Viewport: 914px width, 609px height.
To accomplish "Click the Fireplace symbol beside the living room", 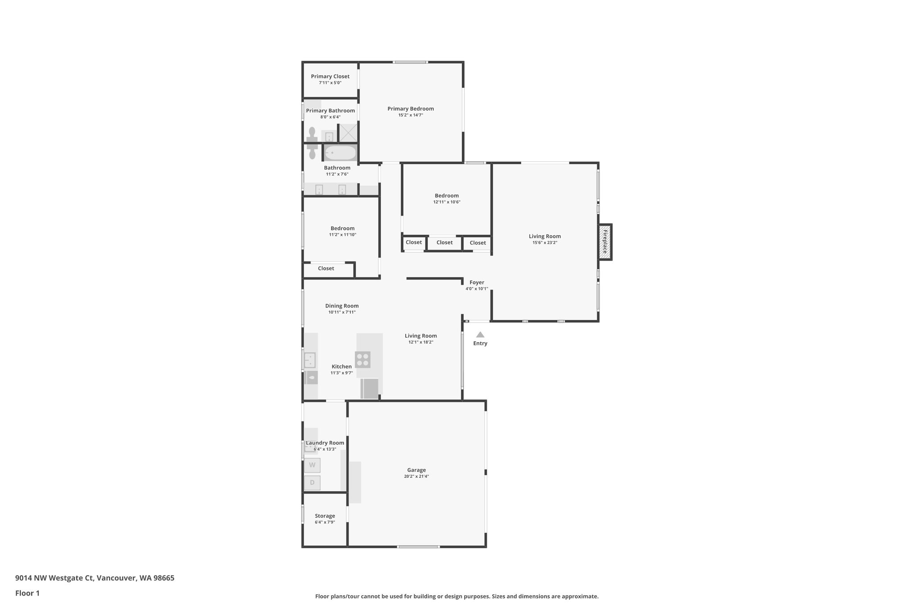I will click(605, 242).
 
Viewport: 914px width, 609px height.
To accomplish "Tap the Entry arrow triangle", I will click(480, 335).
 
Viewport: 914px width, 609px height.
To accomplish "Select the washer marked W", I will click(312, 465).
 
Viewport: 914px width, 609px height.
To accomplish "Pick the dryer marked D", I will click(312, 482).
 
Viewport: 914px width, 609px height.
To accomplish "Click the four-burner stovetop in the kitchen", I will click(362, 359).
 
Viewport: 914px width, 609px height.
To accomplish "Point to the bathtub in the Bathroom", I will click(340, 153).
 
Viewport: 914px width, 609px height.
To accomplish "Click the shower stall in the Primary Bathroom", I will click(348, 133).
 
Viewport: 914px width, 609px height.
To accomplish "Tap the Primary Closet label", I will click(330, 76).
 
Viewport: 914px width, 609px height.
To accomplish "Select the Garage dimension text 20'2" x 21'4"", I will click(416, 476).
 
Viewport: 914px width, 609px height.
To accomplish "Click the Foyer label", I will click(477, 282).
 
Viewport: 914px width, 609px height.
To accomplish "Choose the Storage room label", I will click(325, 516).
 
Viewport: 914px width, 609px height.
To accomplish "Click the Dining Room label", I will click(342, 306).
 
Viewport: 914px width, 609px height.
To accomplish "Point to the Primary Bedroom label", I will click(411, 108).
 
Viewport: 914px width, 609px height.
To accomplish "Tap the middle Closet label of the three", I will click(445, 243).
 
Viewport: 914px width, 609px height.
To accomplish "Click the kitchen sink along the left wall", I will click(310, 360).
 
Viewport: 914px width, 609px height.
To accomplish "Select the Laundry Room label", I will click(325, 443).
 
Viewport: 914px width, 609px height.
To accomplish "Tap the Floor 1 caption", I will click(28, 593).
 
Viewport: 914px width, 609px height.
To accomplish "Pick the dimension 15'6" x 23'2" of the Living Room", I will click(544, 243).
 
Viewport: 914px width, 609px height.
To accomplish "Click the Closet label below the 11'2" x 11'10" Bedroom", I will click(326, 269).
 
